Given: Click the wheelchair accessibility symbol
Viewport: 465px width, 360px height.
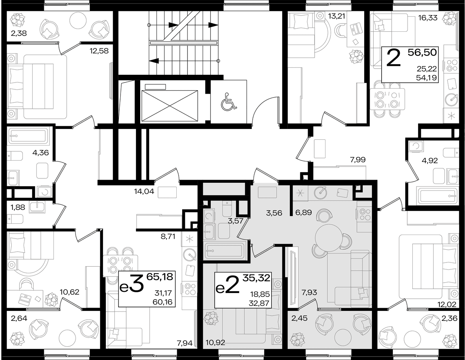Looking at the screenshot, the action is coord(229,101).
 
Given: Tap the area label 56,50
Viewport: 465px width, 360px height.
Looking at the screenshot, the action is coord(422,52).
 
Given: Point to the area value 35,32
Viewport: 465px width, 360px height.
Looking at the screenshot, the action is coord(257,278).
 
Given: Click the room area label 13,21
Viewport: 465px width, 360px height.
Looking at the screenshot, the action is coord(337,17).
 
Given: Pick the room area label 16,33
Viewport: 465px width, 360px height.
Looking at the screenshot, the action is coord(428,18).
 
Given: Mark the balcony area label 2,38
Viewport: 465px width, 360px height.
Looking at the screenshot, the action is coord(19,33).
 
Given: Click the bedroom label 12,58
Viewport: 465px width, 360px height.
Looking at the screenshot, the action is coord(99,51).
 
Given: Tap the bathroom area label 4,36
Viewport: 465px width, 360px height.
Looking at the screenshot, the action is coord(41,153).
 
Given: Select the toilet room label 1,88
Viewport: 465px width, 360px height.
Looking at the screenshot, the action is coord(18,207).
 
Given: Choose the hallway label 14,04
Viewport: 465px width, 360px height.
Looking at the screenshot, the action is coord(144,191).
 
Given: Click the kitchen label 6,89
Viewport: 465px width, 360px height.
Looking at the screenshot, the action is coord(303,213).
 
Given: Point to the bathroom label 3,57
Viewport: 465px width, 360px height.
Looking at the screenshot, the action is coord(236,221).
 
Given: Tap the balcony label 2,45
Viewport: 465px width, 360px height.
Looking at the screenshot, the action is coord(300,318).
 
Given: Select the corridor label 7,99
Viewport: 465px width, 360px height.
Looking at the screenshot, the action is coord(358,159).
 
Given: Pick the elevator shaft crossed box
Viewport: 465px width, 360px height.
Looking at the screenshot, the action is coord(169,106).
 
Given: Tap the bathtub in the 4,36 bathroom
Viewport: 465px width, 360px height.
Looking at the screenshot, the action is coord(28,136).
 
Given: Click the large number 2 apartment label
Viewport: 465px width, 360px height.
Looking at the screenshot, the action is coord(394,58).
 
